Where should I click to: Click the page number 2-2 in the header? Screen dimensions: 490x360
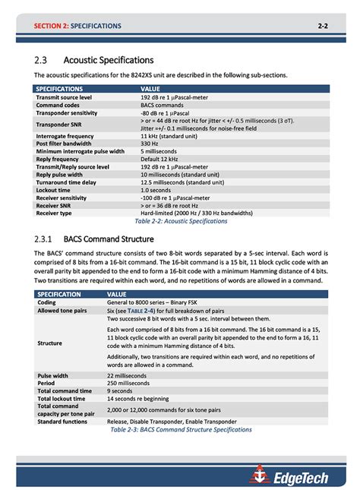[322, 26]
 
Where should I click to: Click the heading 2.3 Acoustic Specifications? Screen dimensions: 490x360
[94, 60]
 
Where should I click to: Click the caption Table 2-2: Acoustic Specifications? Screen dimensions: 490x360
[181, 221]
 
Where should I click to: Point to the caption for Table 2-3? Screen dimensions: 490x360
[181, 429]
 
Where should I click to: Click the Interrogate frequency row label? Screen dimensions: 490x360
[65, 136]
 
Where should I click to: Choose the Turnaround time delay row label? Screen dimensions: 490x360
[66, 182]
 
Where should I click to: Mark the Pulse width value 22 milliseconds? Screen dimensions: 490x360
[134, 375]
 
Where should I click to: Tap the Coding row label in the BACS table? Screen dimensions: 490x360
[46, 302]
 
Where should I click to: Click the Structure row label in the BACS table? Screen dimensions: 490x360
[50, 343]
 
